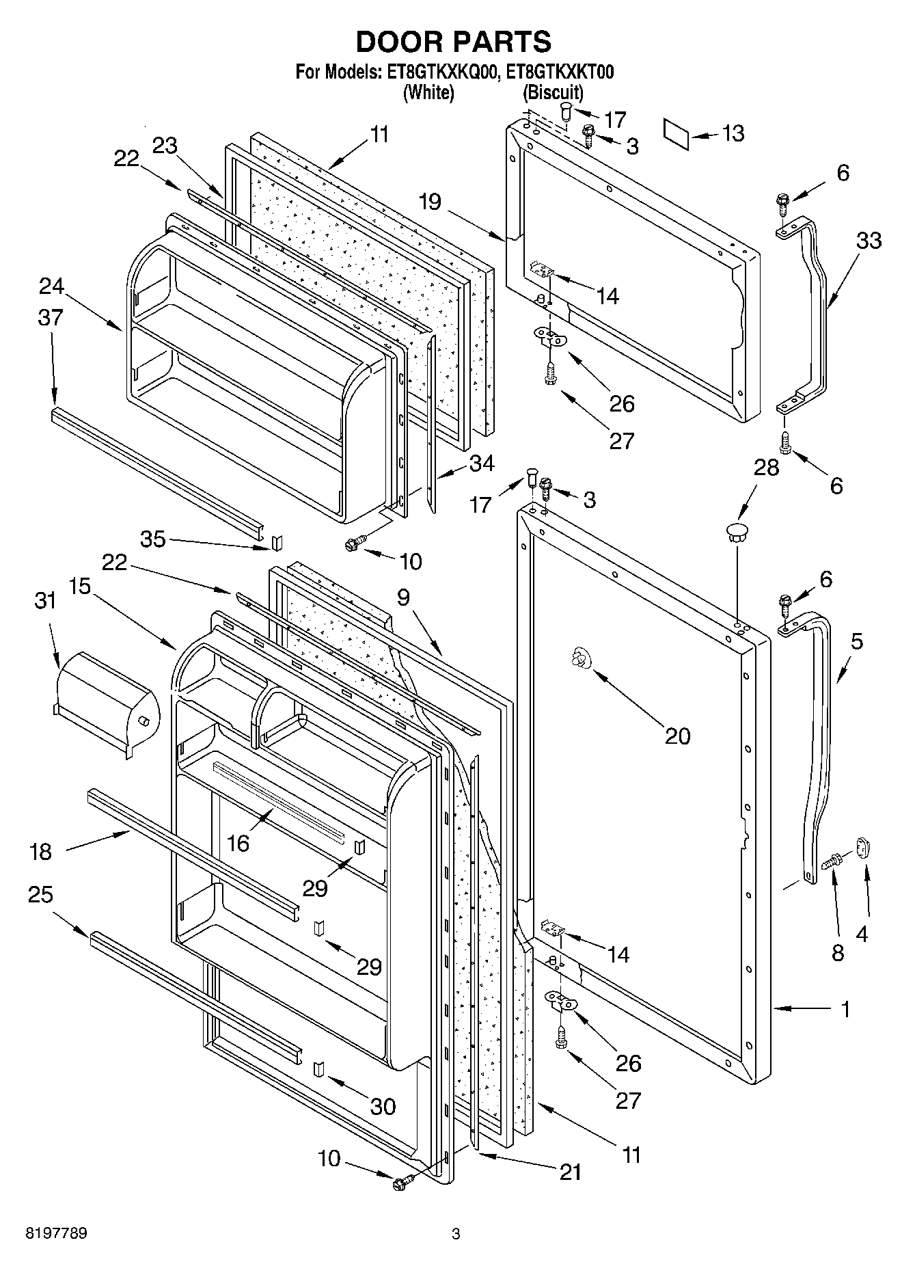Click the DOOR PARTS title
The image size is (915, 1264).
[x=454, y=42]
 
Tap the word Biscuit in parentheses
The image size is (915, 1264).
[x=553, y=92]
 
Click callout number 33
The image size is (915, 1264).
[x=869, y=241]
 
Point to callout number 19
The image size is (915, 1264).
[x=431, y=202]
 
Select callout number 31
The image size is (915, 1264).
[x=45, y=601]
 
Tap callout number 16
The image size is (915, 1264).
[x=238, y=843]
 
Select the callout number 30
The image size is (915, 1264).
[x=383, y=1105]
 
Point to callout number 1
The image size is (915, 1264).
[x=846, y=1009]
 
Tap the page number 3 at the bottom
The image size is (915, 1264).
[x=456, y=1234]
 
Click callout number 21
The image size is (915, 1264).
[x=570, y=1172]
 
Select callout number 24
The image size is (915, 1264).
[x=52, y=286]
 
